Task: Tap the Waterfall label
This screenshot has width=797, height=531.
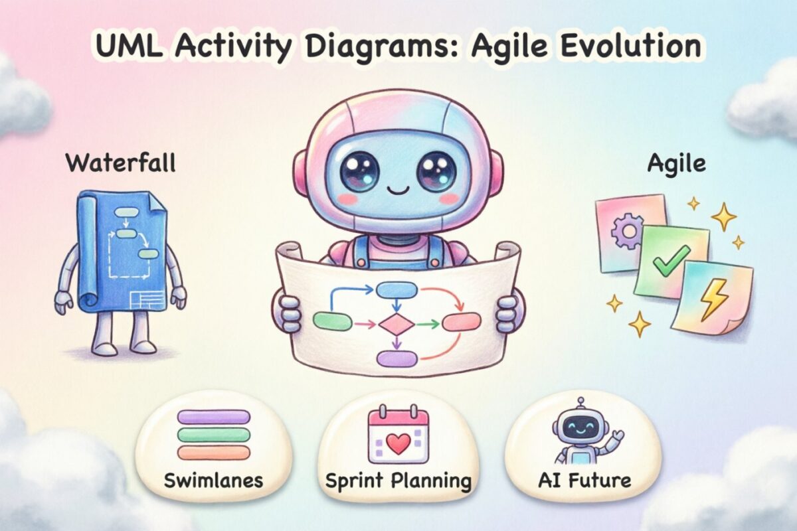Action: pyautogui.click(x=120, y=163)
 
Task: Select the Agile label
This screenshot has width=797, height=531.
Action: pyautogui.click(x=675, y=164)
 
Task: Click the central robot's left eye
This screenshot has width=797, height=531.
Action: pyautogui.click(x=359, y=171)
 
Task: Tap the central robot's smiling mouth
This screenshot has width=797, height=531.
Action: pyautogui.click(x=398, y=190)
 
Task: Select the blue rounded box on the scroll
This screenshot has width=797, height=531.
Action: pyautogui.click(x=397, y=289)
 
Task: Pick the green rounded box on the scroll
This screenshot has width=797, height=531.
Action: pyautogui.click(x=331, y=321)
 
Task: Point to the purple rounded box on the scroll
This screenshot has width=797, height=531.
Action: pyautogui.click(x=397, y=359)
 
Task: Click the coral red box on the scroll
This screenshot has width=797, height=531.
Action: pyautogui.click(x=461, y=322)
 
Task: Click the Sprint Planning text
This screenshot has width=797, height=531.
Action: pyautogui.click(x=398, y=480)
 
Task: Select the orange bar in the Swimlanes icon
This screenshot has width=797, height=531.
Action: pyautogui.click(x=213, y=453)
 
